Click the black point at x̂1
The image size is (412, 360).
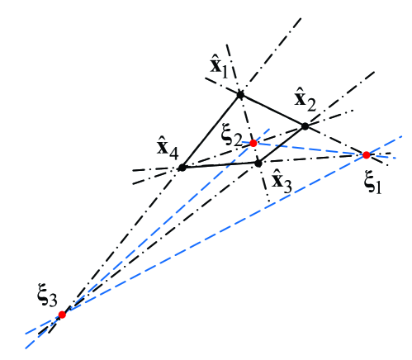coord(240,95)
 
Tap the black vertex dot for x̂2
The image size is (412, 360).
coord(305,126)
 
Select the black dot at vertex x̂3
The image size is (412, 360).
coord(258,163)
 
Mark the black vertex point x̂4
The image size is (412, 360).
coord(182,168)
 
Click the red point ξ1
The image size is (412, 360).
coord(367,154)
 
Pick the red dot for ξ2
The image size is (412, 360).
coord(253,143)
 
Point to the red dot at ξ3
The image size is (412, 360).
coord(62,315)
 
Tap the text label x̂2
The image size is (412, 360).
coord(305,101)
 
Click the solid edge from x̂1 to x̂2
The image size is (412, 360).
coord(272,111)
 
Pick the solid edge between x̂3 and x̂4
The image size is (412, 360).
coord(220,165)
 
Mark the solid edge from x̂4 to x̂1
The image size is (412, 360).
coord(211,131)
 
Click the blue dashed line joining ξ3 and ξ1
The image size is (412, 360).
coord(215,234)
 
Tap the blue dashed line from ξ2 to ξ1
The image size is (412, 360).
coord(310,149)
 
